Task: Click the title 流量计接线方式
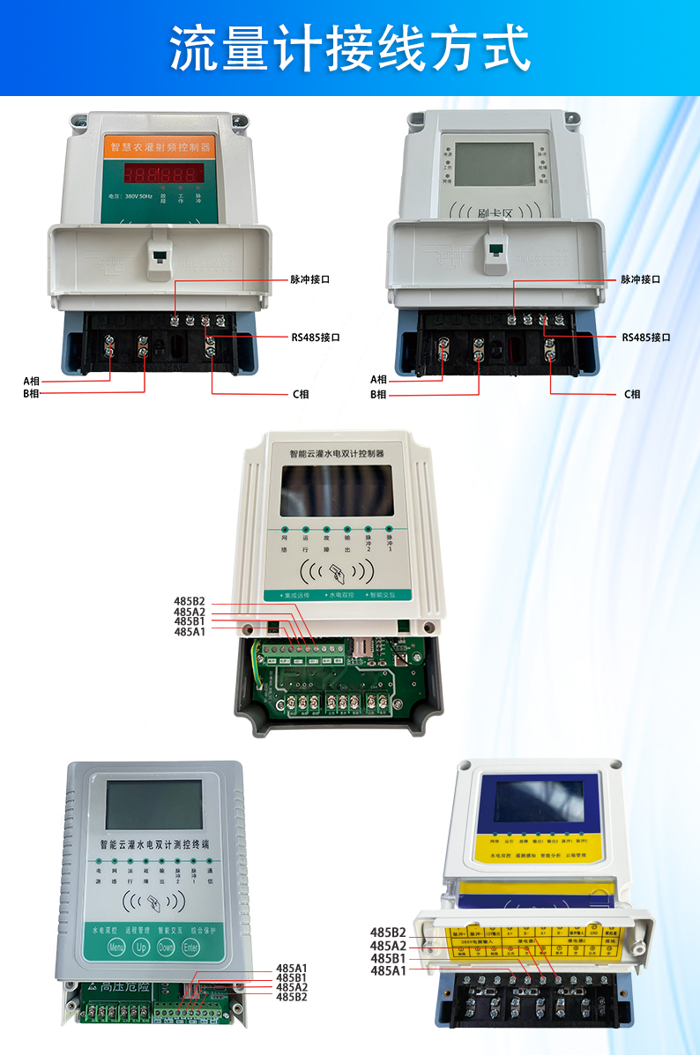coord(350,48)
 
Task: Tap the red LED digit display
coord(163,172)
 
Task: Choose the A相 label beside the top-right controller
coord(378,379)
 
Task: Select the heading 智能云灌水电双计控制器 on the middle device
coord(344,453)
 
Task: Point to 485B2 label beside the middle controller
coord(189,602)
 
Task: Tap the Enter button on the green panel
coord(191,947)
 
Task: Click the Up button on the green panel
coord(141,947)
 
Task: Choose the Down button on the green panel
coord(166,947)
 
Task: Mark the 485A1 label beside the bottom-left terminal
coord(291,969)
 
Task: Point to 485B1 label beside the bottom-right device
coord(388,958)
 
